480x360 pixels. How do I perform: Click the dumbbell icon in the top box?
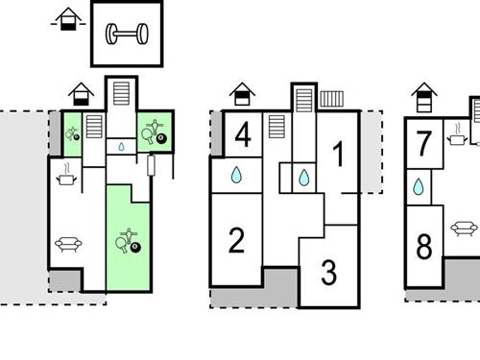[x=127, y=35]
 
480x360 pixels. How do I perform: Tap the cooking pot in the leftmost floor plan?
[x=67, y=177]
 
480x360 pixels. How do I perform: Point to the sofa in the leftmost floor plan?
[x=68, y=244]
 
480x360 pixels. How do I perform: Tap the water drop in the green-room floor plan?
[x=122, y=147]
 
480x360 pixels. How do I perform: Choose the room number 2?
[x=236, y=240]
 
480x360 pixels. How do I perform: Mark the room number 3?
[x=328, y=274]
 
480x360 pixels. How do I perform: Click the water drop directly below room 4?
[x=236, y=177]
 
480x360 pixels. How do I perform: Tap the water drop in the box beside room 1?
[x=303, y=178]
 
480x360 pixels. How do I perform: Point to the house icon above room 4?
[x=241, y=94]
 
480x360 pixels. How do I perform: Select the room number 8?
[x=423, y=246]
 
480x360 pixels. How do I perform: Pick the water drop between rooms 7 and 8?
[x=419, y=187]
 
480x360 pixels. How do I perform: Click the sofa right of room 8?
[x=464, y=228]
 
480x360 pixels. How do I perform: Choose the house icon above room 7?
[x=423, y=96]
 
